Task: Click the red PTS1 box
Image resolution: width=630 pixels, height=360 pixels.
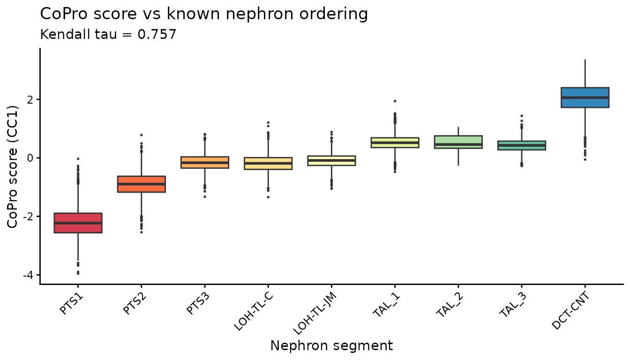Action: (78, 223)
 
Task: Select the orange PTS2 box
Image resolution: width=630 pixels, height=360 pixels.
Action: (141, 184)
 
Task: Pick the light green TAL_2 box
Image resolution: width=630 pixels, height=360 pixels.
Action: (458, 142)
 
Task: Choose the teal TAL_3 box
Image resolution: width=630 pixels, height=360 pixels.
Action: (521, 145)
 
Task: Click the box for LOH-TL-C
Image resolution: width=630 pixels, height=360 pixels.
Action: (268, 163)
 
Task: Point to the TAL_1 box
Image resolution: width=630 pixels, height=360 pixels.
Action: (395, 142)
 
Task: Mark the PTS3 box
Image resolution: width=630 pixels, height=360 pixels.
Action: (205, 162)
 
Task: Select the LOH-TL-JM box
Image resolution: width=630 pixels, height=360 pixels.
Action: (331, 161)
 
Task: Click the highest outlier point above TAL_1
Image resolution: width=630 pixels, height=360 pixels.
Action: (395, 101)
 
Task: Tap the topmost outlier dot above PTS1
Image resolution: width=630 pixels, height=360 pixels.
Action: (78, 159)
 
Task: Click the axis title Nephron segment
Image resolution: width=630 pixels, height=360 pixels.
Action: (331, 346)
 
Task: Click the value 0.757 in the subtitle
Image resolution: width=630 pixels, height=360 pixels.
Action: (158, 34)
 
